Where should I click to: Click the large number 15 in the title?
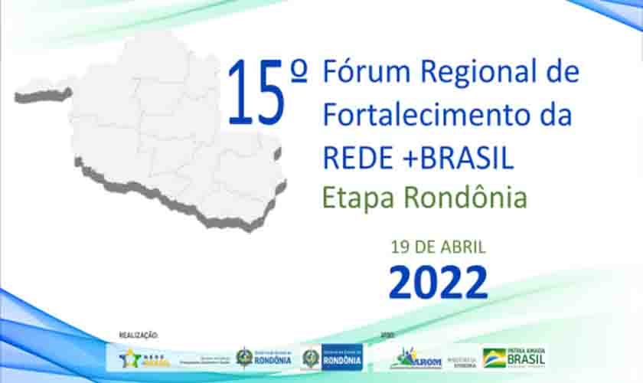(x=256, y=93)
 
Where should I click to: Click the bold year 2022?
(x=438, y=282)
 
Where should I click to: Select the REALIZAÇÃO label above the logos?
(x=138, y=335)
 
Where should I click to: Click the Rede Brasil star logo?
(x=145, y=358)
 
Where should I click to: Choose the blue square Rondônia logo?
(x=341, y=357)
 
